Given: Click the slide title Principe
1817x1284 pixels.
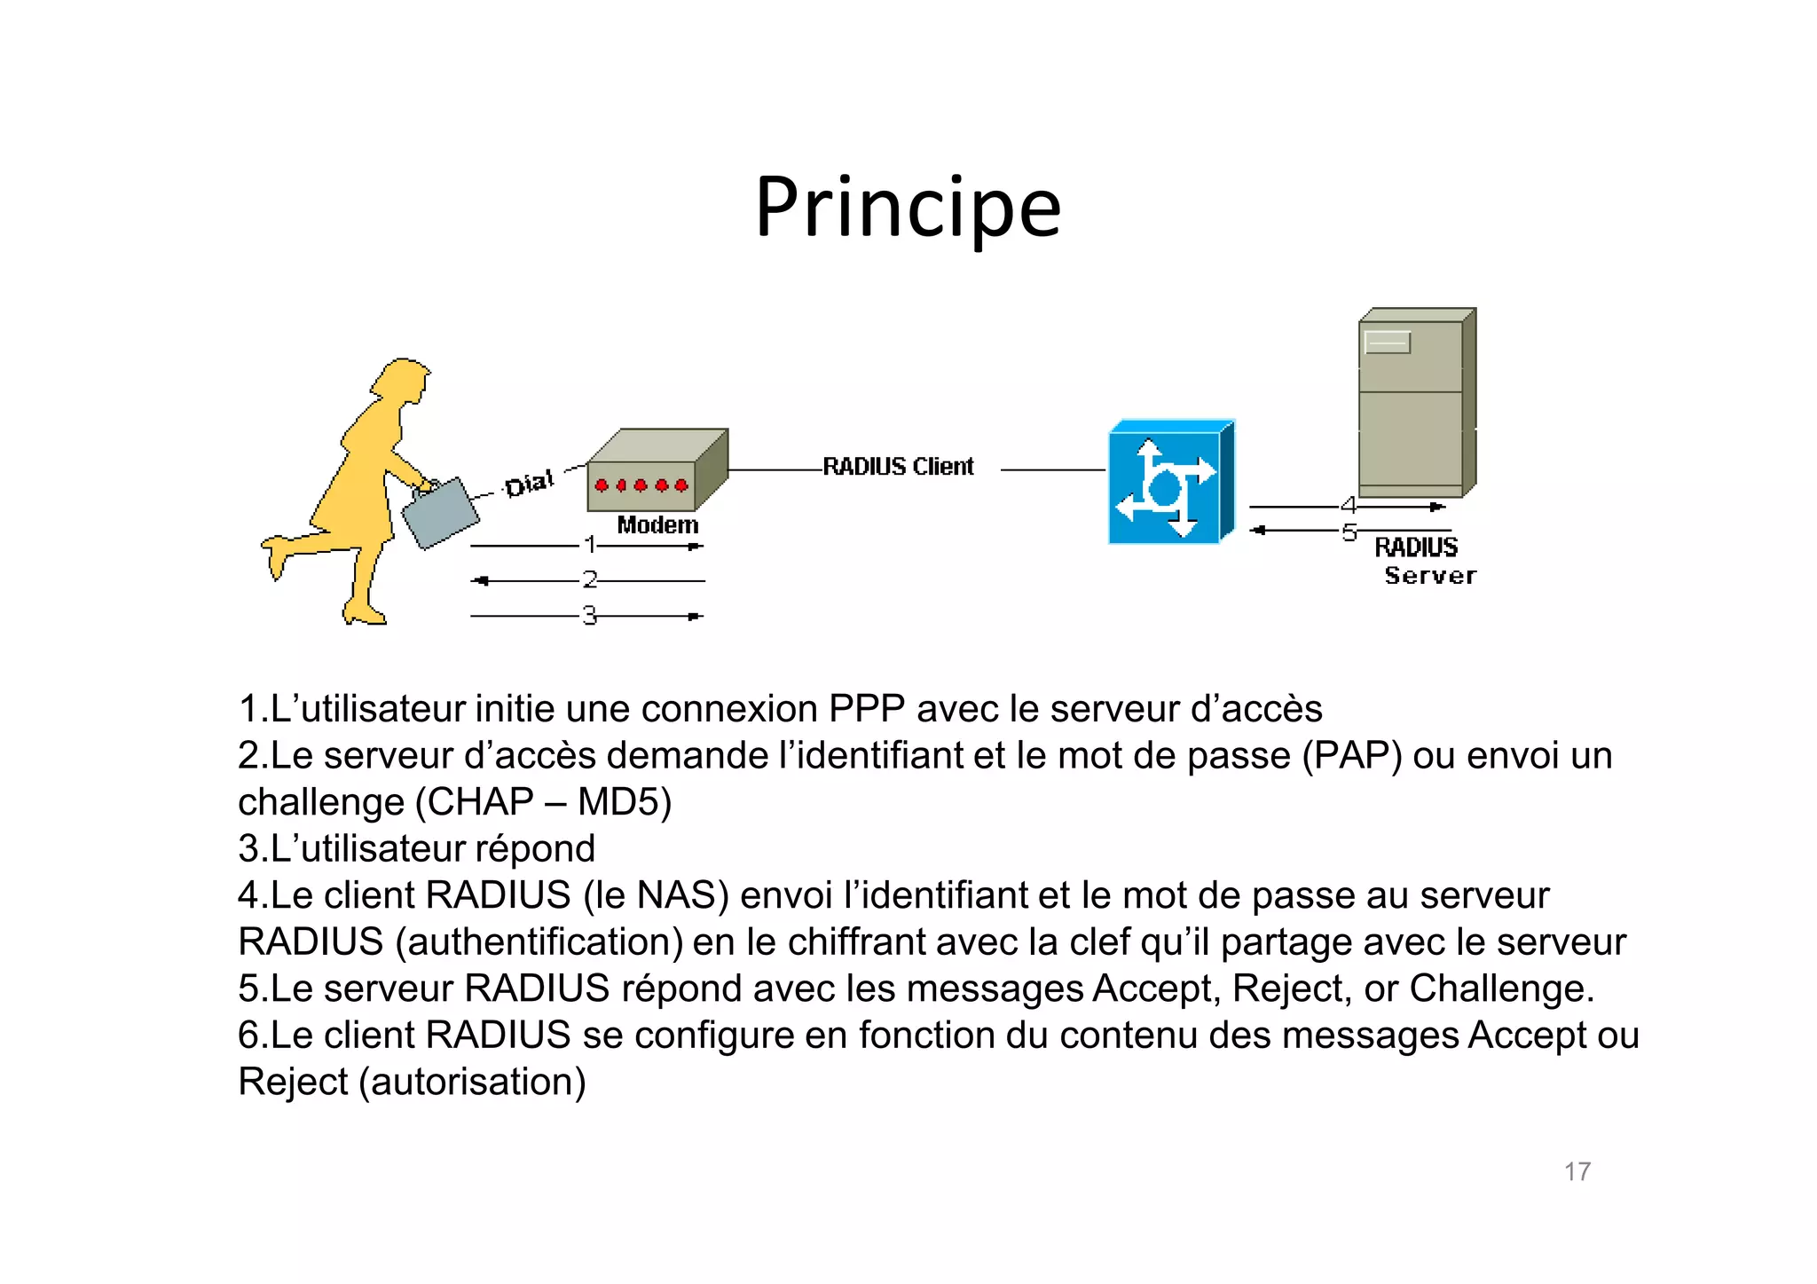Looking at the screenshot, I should (x=908, y=209).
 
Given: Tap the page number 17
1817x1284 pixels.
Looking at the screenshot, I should (x=1577, y=1171).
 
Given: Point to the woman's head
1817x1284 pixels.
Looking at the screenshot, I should (x=404, y=380).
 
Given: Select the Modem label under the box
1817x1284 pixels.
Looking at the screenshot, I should (x=657, y=525).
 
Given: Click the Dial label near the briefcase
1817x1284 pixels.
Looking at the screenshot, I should (x=529, y=484).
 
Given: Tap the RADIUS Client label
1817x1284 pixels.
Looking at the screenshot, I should (x=898, y=467).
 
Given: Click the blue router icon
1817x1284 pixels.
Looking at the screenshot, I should (x=1169, y=483).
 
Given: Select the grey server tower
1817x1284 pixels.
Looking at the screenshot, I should (x=1414, y=404).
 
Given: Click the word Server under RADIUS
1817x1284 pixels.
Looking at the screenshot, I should (x=1430, y=576).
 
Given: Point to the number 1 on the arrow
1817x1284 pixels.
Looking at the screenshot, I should (x=590, y=544).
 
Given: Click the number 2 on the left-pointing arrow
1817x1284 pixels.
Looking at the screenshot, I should (x=590, y=579).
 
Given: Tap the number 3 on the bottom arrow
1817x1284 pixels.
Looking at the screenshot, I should (x=590, y=615).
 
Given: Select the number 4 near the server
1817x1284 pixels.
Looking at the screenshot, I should (x=1349, y=506).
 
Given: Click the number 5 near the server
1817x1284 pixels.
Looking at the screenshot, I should (x=1349, y=532).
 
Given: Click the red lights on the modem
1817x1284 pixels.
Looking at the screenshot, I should (x=641, y=485).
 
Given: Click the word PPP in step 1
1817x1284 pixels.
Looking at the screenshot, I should (x=867, y=709).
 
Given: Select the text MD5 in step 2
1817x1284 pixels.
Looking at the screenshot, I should (x=624, y=802).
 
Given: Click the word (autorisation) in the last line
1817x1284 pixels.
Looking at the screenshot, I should (x=473, y=1082).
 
